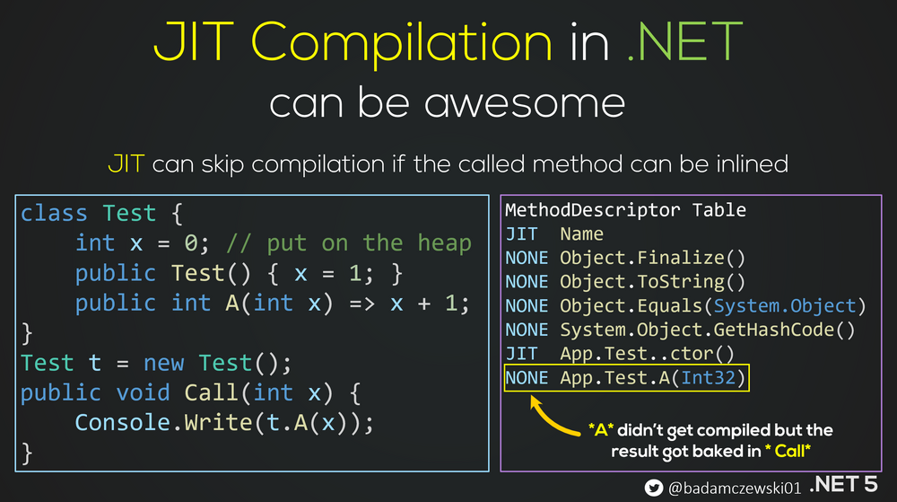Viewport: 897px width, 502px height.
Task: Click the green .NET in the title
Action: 684,41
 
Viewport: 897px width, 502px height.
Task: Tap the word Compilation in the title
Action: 402,43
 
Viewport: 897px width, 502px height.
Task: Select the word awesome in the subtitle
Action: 525,103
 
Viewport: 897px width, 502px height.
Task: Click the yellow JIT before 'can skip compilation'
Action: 126,163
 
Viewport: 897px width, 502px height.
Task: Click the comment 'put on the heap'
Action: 369,243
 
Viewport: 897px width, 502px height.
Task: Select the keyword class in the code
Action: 55,213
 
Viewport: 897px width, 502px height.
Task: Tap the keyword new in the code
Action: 163,363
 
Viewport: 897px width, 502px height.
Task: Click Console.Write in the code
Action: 163,422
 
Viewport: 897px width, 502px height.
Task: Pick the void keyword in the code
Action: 143,392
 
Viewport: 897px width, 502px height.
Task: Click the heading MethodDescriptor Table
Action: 625,210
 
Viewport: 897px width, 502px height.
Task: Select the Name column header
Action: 581,234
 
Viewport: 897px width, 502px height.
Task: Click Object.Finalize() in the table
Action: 652,258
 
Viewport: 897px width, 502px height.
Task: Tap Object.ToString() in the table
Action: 652,282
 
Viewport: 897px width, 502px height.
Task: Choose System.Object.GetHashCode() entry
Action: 707,330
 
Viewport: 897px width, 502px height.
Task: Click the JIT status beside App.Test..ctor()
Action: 521,354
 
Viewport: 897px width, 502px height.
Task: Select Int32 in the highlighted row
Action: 708,378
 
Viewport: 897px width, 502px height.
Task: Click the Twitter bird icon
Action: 653,488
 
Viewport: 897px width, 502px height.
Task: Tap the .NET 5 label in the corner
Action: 843,484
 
